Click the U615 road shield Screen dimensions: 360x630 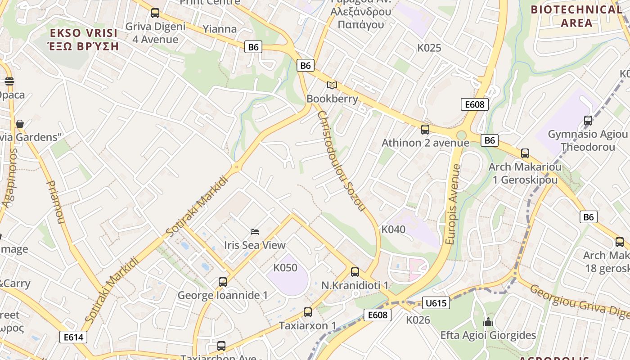click(436, 303)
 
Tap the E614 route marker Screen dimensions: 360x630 click(73, 337)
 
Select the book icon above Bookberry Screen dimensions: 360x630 click(332, 85)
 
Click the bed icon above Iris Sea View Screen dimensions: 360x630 click(255, 232)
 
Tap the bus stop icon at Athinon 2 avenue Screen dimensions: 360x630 click(425, 130)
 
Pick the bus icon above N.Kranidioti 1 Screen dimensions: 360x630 click(355, 272)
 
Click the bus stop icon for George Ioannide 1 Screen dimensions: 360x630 click(223, 282)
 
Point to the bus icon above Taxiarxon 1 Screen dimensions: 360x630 click(308, 312)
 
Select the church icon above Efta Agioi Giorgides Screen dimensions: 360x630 click(488, 322)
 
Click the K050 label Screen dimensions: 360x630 click(285, 268)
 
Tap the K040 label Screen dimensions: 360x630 click(393, 229)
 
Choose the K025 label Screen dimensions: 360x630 click(429, 48)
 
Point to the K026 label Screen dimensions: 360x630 click(418, 320)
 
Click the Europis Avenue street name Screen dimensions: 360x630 click(454, 204)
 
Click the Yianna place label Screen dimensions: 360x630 click(220, 29)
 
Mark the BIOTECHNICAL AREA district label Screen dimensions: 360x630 click(576, 16)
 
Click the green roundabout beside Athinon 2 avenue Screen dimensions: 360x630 click(461, 135)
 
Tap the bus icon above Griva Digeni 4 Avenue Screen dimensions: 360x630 click(155, 13)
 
